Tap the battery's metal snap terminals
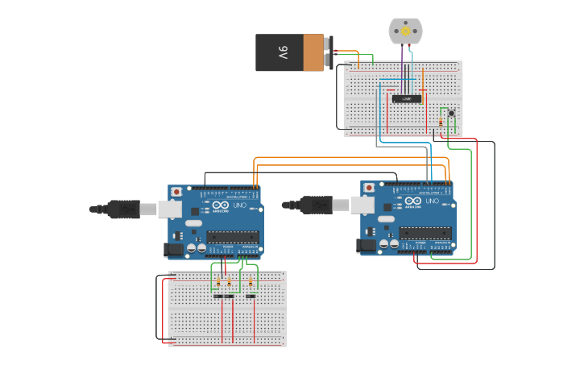coord(329,52)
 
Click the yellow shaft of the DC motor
coord(404,31)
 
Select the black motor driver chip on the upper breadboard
coord(407,98)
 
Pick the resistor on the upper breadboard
coord(441,122)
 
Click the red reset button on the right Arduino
coord(370,188)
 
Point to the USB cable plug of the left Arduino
coord(125,209)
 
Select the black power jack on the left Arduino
coord(173,250)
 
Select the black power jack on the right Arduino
coord(367,246)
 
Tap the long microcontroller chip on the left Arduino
coord(233,237)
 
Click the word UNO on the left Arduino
coord(239,206)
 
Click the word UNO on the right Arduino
coord(433,202)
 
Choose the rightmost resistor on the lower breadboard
coord(251,283)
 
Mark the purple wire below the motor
coord(402,64)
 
